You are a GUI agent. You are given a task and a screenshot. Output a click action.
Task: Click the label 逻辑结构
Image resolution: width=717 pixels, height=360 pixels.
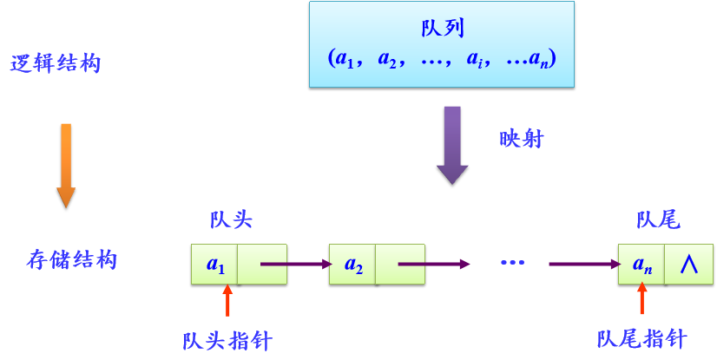click(x=56, y=64)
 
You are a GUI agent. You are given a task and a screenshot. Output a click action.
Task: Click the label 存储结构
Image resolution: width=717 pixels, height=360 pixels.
click(x=71, y=259)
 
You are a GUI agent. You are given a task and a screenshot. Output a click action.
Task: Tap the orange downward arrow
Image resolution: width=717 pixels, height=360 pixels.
click(x=66, y=165)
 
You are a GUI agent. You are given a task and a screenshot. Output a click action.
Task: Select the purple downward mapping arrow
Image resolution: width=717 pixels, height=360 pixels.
click(x=452, y=144)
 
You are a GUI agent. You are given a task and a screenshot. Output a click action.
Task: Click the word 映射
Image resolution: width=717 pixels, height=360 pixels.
click(x=522, y=139)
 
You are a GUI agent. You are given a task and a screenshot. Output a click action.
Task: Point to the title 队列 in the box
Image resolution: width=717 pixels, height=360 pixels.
click(x=442, y=28)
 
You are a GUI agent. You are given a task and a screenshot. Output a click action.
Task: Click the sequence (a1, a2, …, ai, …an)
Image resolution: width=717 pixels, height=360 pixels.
click(x=442, y=59)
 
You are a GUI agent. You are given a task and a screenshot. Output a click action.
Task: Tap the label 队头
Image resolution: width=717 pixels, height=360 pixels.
click(x=231, y=219)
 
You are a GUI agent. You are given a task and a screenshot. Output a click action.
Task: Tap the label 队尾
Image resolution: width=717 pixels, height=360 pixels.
click(x=658, y=219)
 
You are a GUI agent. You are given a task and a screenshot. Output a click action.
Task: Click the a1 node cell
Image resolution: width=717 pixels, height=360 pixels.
click(x=214, y=264)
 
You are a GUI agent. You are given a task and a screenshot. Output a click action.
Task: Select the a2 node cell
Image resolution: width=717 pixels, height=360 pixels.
click(x=353, y=264)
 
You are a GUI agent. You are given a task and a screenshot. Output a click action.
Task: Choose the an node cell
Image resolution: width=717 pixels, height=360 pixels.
click(x=641, y=264)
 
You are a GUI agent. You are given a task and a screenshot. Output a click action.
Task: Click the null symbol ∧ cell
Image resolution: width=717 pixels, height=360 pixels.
click(x=688, y=264)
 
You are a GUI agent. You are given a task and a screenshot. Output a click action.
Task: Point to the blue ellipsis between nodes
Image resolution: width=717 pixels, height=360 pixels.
click(x=512, y=262)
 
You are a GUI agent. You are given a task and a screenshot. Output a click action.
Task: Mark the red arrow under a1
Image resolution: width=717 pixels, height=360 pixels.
click(x=228, y=300)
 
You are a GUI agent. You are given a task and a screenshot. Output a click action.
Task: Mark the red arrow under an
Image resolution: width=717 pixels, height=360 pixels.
click(x=642, y=300)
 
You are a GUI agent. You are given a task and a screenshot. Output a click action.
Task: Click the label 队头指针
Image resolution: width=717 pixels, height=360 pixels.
click(x=227, y=340)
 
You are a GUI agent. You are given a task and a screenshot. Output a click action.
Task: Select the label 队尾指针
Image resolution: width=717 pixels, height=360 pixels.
click(x=642, y=338)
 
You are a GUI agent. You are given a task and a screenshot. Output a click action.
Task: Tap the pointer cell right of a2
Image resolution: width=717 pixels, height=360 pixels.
click(x=400, y=264)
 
